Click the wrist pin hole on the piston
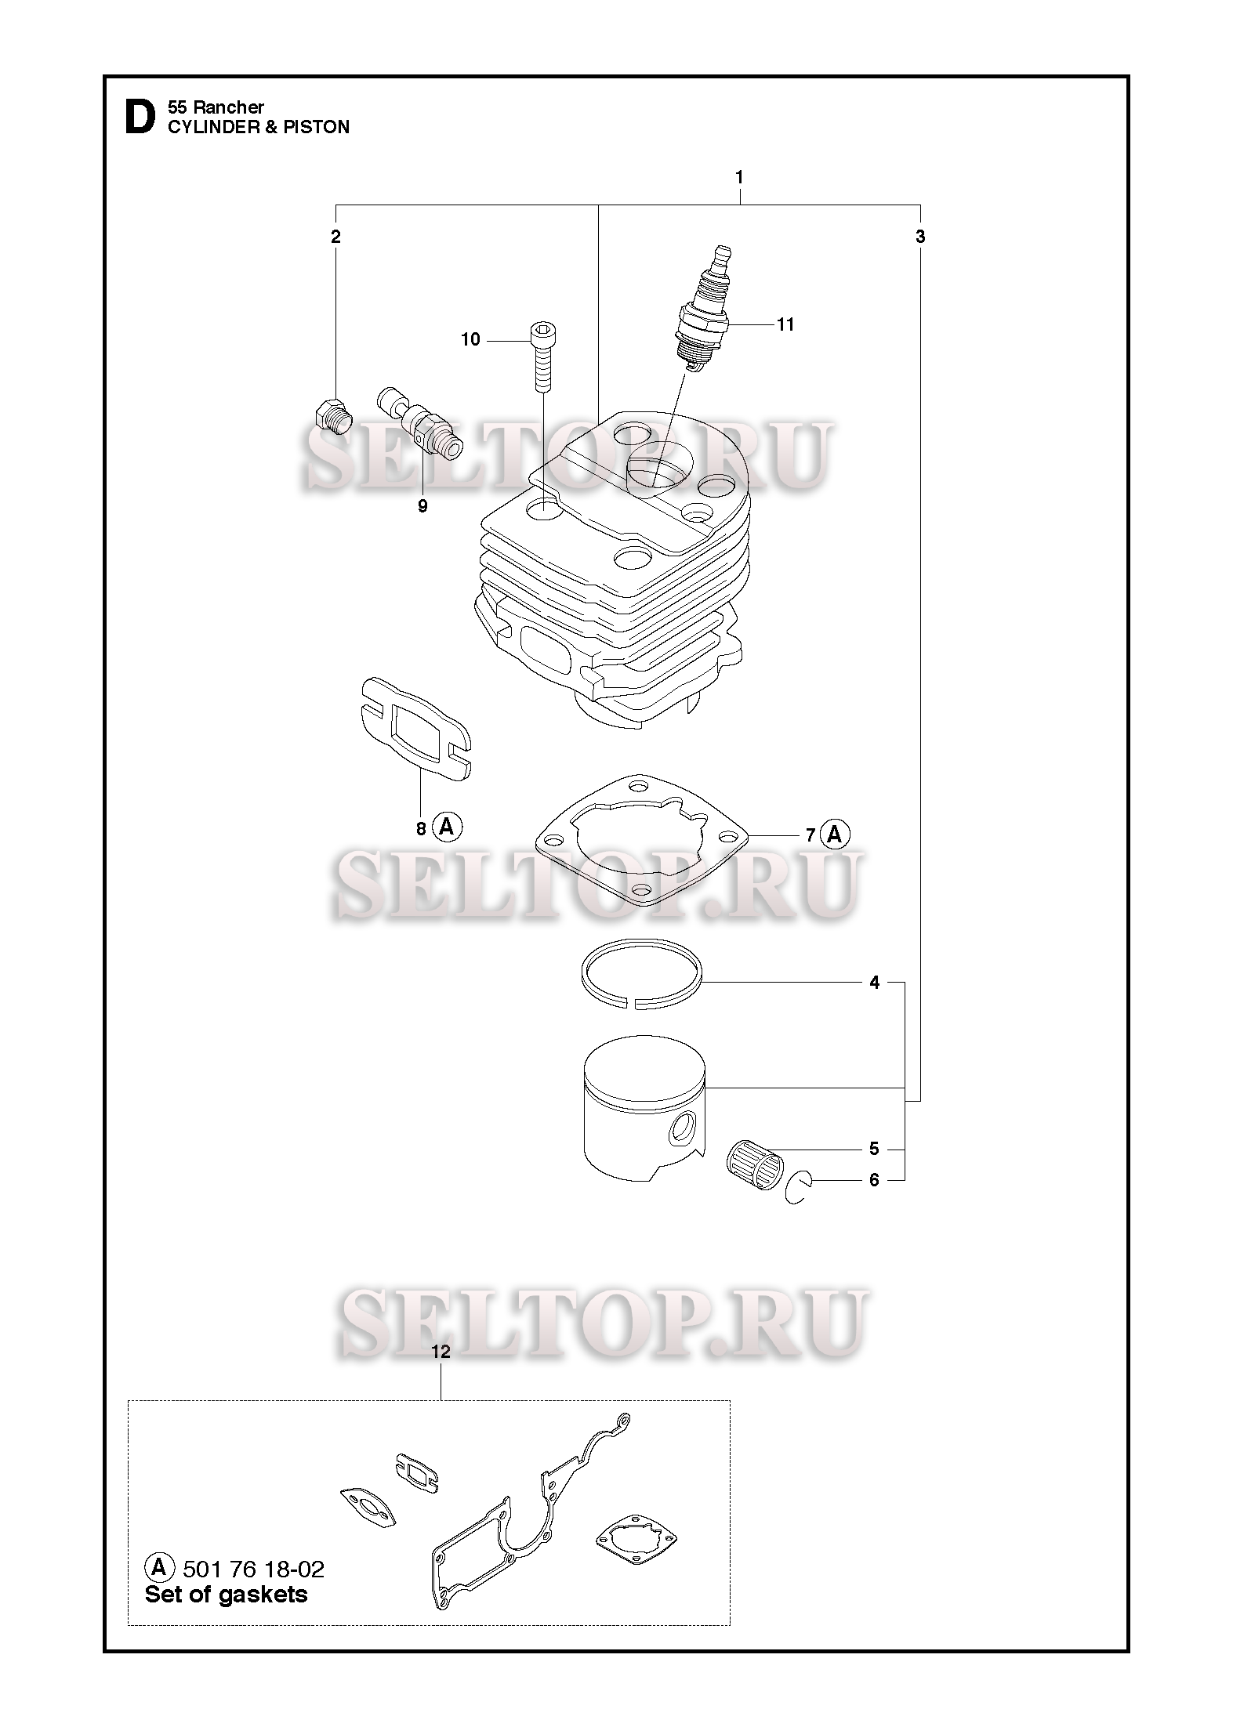684,1129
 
